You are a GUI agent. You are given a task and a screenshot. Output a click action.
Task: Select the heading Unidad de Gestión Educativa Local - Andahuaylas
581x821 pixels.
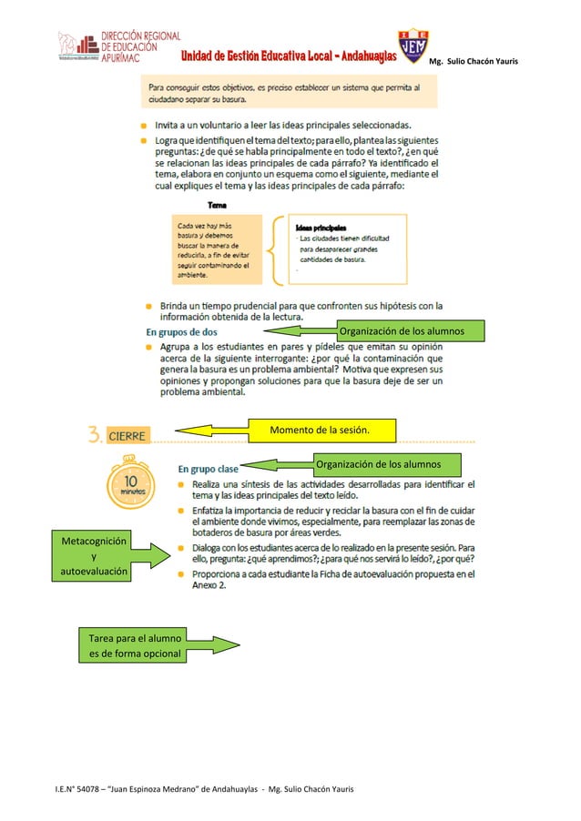pos(287,56)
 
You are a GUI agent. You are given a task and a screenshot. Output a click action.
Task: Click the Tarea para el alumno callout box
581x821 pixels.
pos(132,644)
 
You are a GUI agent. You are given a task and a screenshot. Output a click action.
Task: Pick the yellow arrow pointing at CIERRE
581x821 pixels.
pos(209,430)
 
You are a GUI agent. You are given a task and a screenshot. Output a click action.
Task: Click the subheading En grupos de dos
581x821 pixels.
pos(182,331)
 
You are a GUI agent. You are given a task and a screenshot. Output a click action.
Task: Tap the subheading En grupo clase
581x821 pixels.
pos(208,468)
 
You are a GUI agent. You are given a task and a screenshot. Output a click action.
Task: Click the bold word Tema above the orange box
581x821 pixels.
pos(218,205)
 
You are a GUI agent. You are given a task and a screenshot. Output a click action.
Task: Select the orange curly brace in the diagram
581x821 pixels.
pos(275,247)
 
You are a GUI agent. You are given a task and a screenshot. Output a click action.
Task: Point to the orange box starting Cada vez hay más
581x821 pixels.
pos(218,248)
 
